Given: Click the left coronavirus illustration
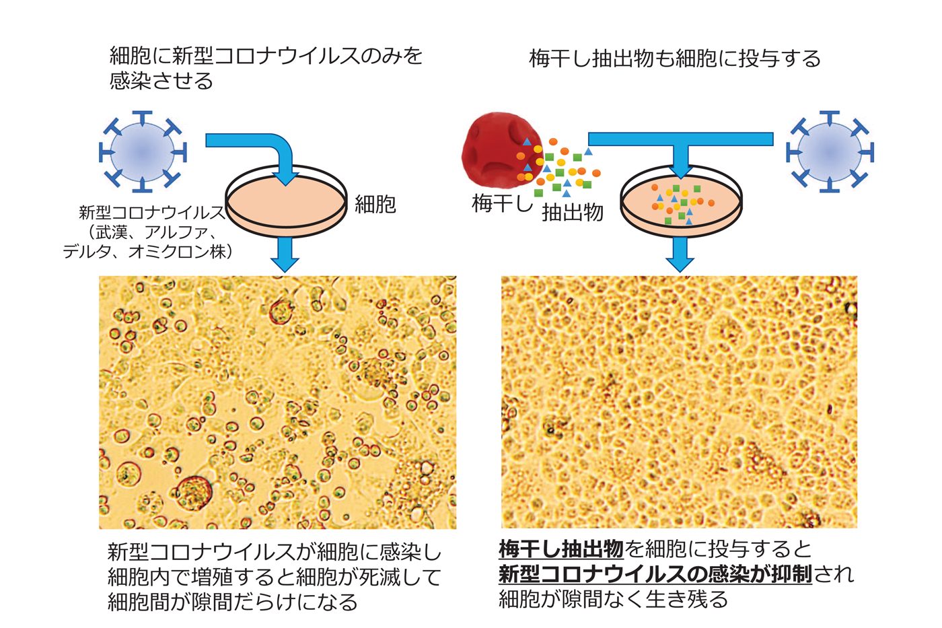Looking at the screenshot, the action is click(143, 151).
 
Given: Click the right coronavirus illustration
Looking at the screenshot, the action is click(830, 151).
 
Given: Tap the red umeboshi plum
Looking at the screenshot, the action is click(501, 150).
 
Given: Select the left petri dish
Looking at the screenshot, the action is click(287, 201).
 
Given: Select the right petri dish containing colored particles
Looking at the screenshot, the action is click(681, 201).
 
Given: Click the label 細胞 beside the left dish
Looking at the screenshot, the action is click(375, 205).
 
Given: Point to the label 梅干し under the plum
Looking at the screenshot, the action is click(502, 203).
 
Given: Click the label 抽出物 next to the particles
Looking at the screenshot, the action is click(573, 213).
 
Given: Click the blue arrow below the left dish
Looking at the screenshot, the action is click(285, 254).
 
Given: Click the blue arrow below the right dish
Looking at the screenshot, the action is click(680, 254).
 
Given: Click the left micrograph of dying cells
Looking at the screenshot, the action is click(277, 402).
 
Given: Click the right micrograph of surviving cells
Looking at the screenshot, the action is click(679, 402).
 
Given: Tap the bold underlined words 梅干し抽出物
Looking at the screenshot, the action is click(560, 549).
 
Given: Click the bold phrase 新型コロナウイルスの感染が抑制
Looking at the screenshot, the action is click(655, 574).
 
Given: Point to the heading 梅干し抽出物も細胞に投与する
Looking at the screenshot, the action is click(674, 59).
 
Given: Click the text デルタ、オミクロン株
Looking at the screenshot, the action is click(147, 252).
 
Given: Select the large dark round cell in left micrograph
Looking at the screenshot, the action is click(194, 493).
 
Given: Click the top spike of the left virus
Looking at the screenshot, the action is click(143, 118).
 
